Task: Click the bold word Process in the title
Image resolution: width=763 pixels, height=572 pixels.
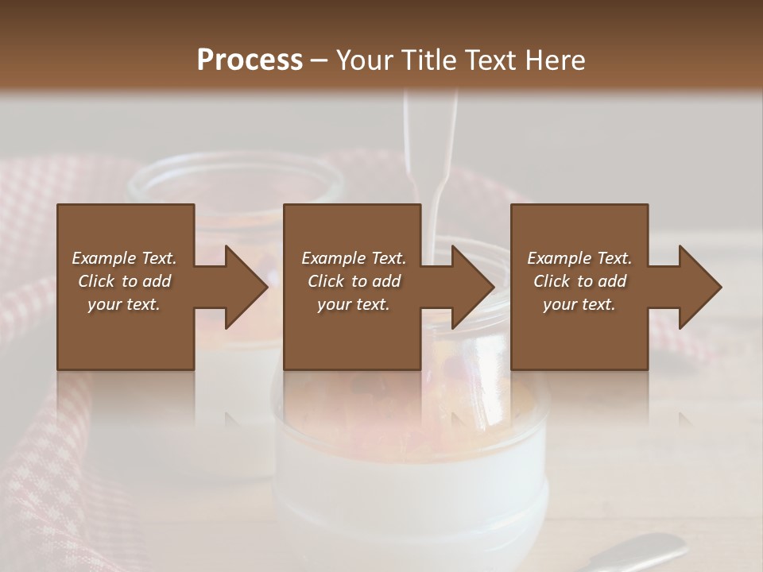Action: [250, 60]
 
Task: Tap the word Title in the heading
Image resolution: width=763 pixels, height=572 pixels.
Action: [429, 60]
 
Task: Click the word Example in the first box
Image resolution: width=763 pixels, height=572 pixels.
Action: [105, 258]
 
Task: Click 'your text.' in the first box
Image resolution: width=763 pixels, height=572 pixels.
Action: [124, 304]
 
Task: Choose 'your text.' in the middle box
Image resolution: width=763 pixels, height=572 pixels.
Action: [354, 304]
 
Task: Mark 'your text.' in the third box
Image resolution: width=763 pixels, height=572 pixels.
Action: [579, 304]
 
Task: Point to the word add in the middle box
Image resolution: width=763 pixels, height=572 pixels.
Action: [386, 281]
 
